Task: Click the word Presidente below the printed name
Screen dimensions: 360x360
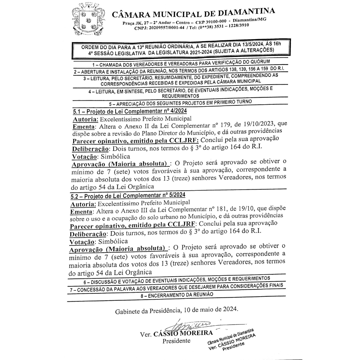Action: coord(176,341)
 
